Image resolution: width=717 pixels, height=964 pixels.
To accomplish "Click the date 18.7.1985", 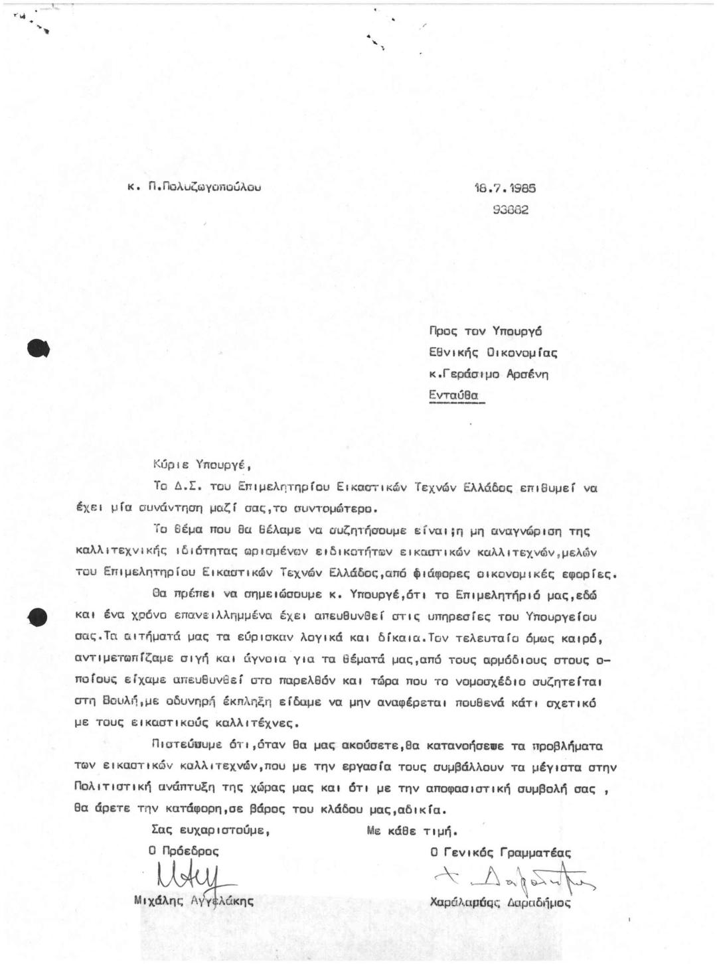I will coord(505,188).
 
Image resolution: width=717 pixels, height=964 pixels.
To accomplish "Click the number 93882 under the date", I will coord(511,210).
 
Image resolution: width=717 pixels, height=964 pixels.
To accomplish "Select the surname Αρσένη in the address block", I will coord(528,374).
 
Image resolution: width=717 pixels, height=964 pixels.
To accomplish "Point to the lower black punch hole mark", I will coord(37,617).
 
